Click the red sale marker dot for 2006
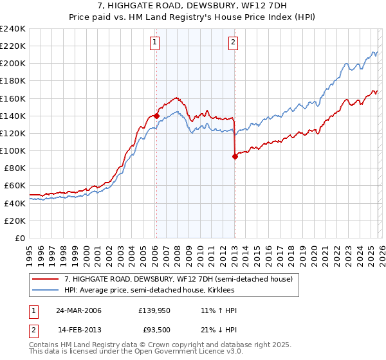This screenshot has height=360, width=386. tap(156, 116)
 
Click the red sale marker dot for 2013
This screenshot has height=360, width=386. tap(234, 156)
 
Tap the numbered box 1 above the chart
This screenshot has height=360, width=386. tap(156, 43)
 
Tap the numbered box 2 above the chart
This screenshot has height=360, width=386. tap(232, 43)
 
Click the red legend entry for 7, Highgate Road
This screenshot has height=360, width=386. tap(178, 279)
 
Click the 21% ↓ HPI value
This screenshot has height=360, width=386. tap(219, 330)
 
